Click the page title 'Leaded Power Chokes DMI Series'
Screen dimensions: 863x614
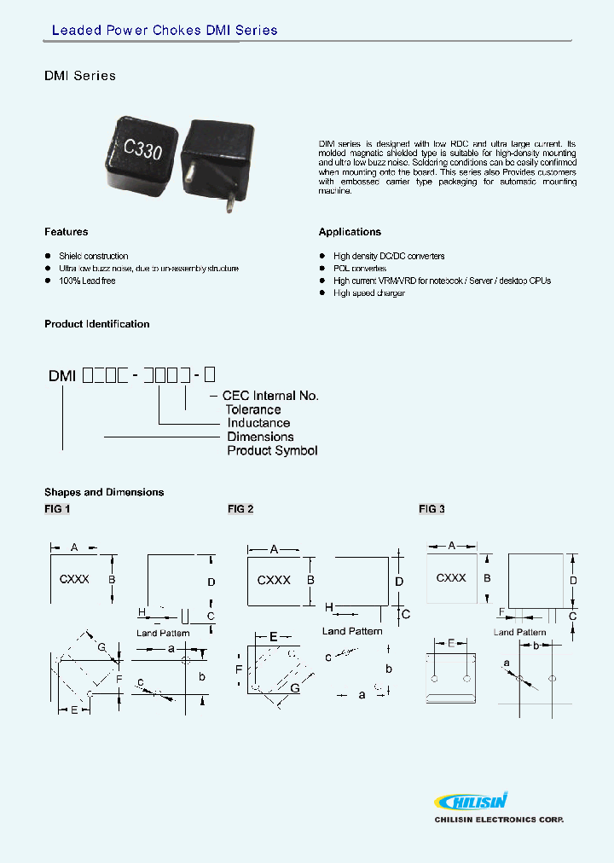[x=165, y=31]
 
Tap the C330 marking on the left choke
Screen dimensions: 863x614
[x=142, y=147]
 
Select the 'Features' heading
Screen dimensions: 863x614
[x=66, y=232]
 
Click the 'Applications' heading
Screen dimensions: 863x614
[x=350, y=232]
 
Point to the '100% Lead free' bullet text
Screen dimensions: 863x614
[x=87, y=281]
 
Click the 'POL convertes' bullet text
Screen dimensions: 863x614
[x=359, y=269]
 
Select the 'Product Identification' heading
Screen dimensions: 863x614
[x=96, y=324]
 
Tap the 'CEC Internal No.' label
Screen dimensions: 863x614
[x=270, y=396]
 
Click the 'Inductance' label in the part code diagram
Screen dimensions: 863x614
[x=258, y=423]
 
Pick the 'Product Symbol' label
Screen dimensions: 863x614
[x=272, y=450]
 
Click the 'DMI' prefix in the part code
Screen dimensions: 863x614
[x=62, y=375]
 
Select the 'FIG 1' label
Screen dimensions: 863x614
[x=57, y=509]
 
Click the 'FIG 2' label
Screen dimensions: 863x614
[x=240, y=509]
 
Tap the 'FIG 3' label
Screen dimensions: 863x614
[x=432, y=509]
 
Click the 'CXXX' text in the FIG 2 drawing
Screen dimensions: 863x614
[x=274, y=580]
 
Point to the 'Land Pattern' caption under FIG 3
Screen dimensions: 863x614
[x=519, y=632]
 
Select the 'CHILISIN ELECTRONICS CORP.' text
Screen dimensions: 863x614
[x=499, y=820]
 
